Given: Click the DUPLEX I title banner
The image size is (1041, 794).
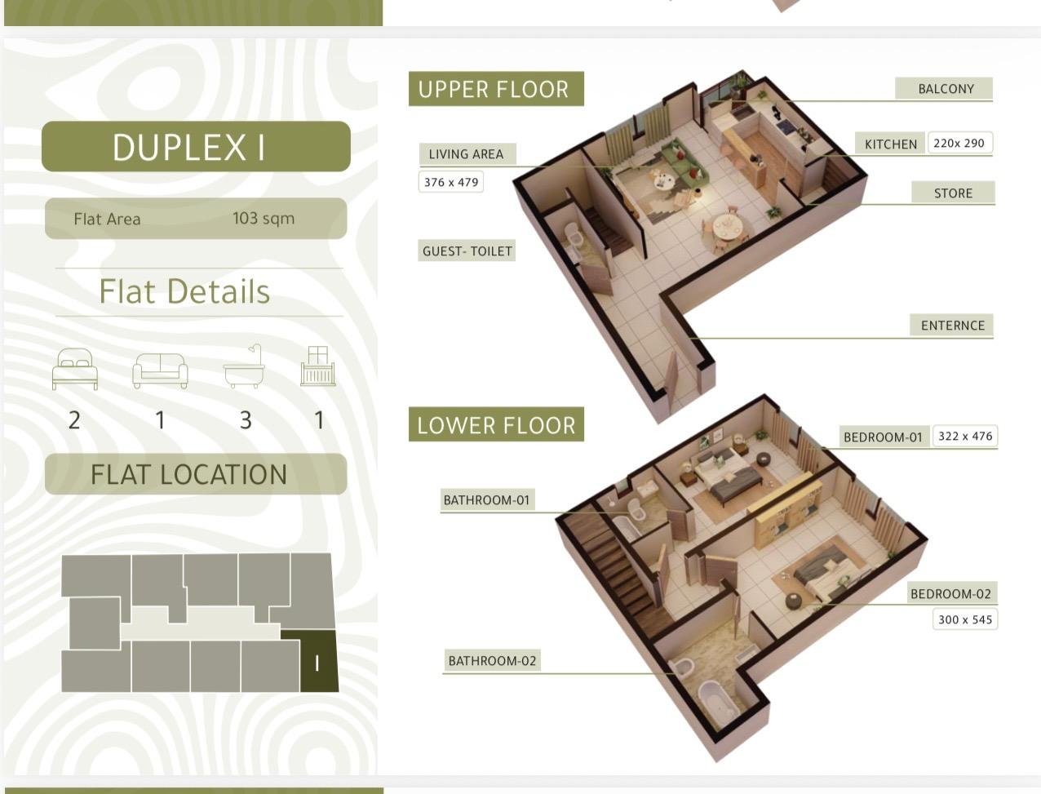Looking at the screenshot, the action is click(x=196, y=146).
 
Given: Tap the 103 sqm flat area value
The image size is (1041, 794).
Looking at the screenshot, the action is click(x=264, y=218).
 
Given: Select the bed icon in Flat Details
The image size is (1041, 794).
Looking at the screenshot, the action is click(x=75, y=369).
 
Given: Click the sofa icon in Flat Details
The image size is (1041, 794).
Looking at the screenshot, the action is click(x=160, y=371).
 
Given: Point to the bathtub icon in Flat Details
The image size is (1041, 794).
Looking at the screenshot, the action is click(x=244, y=366).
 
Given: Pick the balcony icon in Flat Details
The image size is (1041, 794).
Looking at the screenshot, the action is click(x=317, y=366).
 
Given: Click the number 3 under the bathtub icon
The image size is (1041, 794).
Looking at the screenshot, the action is click(x=246, y=420).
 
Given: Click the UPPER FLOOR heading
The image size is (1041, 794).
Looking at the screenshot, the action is click(x=496, y=89).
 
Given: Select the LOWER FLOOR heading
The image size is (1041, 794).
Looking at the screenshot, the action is click(x=496, y=424).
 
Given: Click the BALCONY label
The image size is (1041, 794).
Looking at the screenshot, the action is click(x=946, y=89).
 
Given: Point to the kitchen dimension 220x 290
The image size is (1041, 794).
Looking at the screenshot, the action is click(x=959, y=144).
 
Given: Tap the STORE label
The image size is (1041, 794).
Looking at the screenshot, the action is click(x=953, y=193).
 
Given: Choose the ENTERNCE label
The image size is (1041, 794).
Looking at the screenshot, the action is click(x=952, y=326).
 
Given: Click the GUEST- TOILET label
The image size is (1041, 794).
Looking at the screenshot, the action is click(x=467, y=251).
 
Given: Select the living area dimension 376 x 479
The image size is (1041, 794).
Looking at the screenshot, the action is click(x=451, y=182).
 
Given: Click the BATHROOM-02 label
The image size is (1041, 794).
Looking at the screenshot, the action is click(x=492, y=661).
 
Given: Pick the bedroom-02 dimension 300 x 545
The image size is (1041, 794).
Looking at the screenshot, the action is click(x=965, y=619).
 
